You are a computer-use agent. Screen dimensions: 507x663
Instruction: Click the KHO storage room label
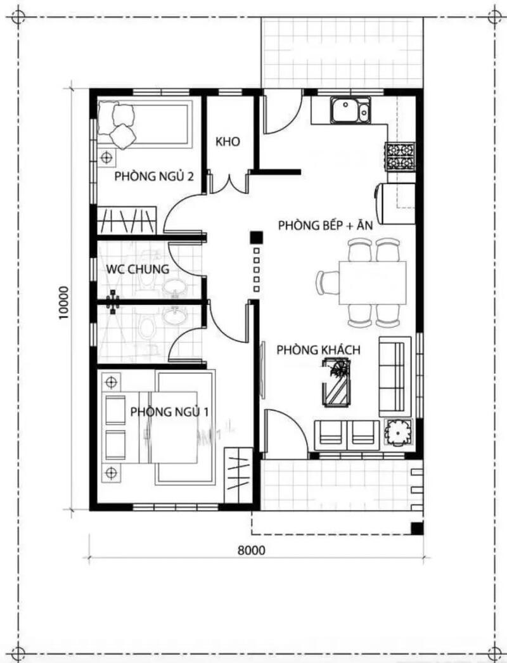click(x=228, y=141)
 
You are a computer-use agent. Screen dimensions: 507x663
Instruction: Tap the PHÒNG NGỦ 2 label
click(x=154, y=176)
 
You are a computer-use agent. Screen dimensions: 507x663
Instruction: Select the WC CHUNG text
click(x=138, y=269)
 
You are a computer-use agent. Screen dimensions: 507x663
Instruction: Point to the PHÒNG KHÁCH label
click(x=318, y=350)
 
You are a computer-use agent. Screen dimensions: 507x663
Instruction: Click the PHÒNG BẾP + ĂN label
click(x=326, y=226)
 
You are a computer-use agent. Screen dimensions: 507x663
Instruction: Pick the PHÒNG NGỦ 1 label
click(x=169, y=411)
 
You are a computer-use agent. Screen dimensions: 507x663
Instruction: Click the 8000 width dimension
click(x=252, y=550)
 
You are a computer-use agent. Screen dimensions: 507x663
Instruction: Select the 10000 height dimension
click(x=63, y=303)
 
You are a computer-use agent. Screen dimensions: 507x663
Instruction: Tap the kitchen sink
click(x=350, y=110)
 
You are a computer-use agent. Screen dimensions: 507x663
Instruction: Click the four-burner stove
click(x=400, y=157)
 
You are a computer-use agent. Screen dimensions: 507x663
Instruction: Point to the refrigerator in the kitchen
click(x=395, y=203)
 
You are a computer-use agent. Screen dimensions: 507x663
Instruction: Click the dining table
click(x=373, y=283)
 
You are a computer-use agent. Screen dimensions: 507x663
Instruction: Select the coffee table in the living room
click(x=337, y=382)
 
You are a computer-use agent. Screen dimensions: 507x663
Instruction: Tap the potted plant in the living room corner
click(x=398, y=432)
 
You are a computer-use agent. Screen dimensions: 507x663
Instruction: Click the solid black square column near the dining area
click(x=256, y=238)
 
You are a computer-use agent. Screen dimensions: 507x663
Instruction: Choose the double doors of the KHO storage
click(x=229, y=183)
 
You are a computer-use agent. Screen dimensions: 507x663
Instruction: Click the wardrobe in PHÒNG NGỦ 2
click(x=127, y=220)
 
